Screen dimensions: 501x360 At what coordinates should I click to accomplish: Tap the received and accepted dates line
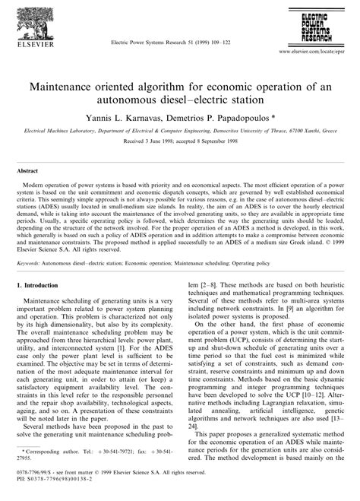coord(180,141)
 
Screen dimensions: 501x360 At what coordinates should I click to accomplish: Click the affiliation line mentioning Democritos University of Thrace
coord(180,131)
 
